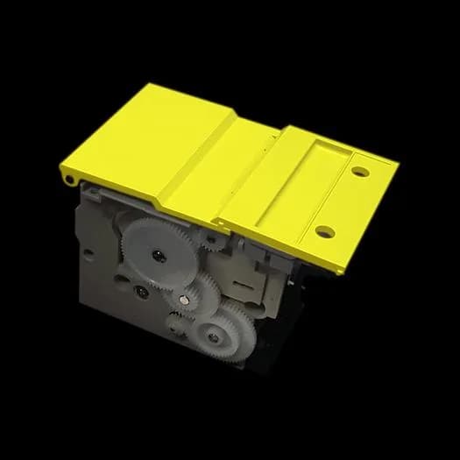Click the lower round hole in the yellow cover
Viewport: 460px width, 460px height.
click(x=324, y=232)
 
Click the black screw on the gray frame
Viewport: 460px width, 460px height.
click(x=139, y=289)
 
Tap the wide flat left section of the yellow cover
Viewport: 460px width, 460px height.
click(x=149, y=140)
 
